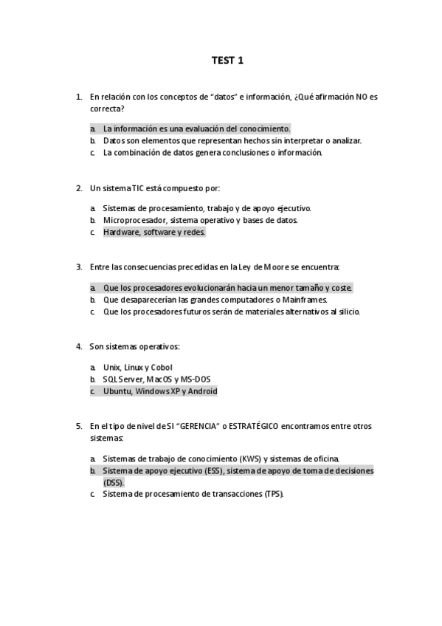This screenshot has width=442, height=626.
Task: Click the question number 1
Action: coord(78,97)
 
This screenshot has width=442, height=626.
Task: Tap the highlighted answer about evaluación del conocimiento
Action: coord(196,128)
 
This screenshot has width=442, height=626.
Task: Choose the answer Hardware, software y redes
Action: coord(153,232)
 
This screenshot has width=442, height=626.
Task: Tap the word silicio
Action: coord(347,312)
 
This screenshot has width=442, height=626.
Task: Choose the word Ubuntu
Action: coord(117,391)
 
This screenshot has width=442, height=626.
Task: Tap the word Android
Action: coord(202,391)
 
